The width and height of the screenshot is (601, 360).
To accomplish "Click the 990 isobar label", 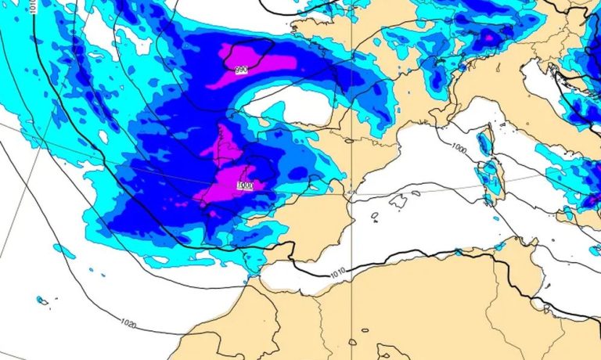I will click(x=241, y=70).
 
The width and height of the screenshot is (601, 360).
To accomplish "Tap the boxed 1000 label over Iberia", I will click(x=245, y=185).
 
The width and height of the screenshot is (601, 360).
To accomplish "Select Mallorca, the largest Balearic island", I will click(x=400, y=201).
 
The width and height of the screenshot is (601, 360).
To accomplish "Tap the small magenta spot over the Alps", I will click(x=490, y=36).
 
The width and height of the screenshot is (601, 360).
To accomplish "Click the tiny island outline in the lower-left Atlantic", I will click(x=41, y=301).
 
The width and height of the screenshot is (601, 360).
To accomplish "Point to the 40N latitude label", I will click(x=349, y=193).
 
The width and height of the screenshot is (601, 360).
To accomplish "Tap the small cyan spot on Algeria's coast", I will click(x=458, y=252).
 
